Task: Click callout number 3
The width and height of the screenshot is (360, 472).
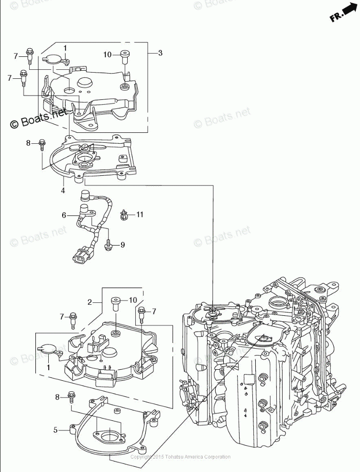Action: tap(160, 53)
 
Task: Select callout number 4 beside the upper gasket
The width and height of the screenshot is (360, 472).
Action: tap(63, 191)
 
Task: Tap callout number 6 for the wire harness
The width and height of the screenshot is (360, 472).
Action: tap(64, 215)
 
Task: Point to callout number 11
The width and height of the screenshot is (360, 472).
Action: tap(140, 215)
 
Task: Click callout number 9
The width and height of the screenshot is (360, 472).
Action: tap(122, 245)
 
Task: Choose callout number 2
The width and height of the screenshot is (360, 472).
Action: tap(89, 302)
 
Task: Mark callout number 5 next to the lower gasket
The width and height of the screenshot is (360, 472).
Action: tap(55, 430)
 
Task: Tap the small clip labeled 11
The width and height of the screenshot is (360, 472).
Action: tap(124, 215)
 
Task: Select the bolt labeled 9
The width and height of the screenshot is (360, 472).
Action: tap(109, 244)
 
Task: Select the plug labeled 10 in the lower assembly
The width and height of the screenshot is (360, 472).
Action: tap(115, 302)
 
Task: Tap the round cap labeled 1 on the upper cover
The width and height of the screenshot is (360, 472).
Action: tap(54, 59)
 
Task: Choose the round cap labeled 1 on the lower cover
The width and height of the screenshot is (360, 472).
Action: tap(48, 349)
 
